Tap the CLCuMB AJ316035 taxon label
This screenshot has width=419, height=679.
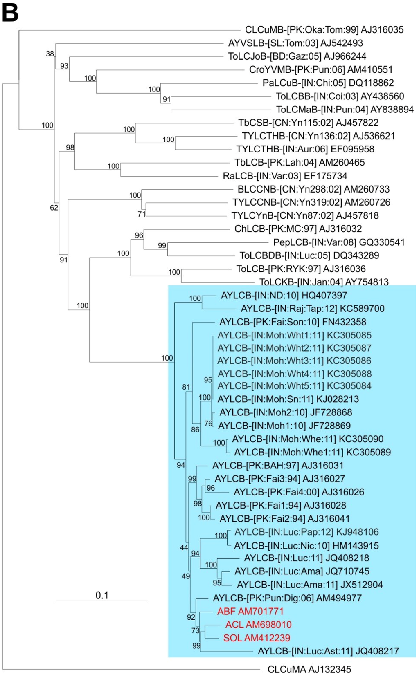(324, 30)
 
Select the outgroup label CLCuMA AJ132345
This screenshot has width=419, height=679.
(309, 669)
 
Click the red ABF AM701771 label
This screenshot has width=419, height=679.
(250, 611)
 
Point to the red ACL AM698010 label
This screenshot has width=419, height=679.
(258, 625)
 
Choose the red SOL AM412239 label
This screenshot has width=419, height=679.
(257, 638)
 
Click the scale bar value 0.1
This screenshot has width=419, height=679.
(102, 595)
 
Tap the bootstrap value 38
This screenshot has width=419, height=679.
(50, 54)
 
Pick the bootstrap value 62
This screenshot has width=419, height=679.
(54, 208)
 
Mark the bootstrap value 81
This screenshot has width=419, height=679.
(186, 387)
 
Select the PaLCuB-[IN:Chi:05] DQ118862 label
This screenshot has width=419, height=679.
(328, 83)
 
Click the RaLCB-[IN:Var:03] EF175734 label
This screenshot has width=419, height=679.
(285, 176)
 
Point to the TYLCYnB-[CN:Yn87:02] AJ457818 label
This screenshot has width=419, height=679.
(305, 215)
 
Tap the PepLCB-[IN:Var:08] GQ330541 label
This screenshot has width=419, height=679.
(339, 242)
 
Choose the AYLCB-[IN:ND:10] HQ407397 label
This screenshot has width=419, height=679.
(284, 295)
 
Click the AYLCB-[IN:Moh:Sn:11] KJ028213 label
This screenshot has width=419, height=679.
(288, 399)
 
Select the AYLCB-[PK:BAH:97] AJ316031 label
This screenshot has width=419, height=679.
(278, 465)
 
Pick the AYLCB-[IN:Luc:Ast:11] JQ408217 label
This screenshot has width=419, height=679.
(328, 651)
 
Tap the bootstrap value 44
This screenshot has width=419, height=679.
(184, 547)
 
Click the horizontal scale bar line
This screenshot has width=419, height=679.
(102, 601)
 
